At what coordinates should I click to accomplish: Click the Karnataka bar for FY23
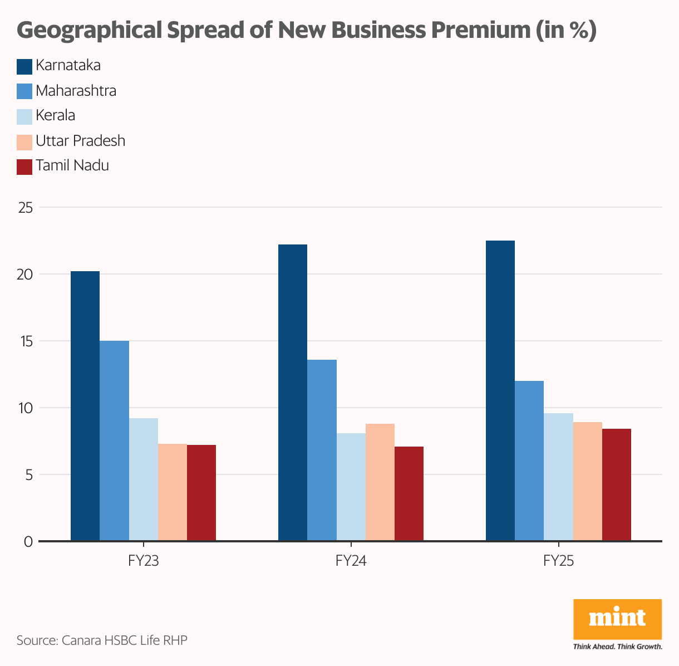(x=85, y=406)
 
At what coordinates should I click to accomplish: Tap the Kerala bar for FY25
(x=558, y=477)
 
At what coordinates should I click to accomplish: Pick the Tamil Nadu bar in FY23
(x=201, y=493)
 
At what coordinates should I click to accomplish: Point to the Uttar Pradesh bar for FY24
(x=380, y=482)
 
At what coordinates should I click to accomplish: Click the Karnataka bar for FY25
(x=500, y=390)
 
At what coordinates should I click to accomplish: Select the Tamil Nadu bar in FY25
(x=617, y=484)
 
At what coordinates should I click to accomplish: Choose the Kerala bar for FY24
(x=351, y=487)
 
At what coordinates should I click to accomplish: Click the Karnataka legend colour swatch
(x=24, y=66)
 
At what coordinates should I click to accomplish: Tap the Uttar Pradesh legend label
(x=80, y=141)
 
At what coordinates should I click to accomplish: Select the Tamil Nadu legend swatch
(x=24, y=166)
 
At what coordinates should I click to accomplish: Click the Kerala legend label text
(x=55, y=116)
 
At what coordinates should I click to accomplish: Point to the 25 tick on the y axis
(x=26, y=208)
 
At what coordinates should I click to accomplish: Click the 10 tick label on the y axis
(x=26, y=408)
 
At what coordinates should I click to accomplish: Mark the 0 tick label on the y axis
(x=28, y=542)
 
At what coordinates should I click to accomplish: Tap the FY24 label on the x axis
(x=351, y=561)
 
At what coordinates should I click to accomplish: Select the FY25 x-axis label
(x=558, y=561)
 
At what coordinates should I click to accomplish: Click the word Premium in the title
(x=481, y=30)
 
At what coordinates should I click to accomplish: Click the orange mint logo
(x=617, y=619)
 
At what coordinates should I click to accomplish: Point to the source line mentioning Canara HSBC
(x=102, y=640)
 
